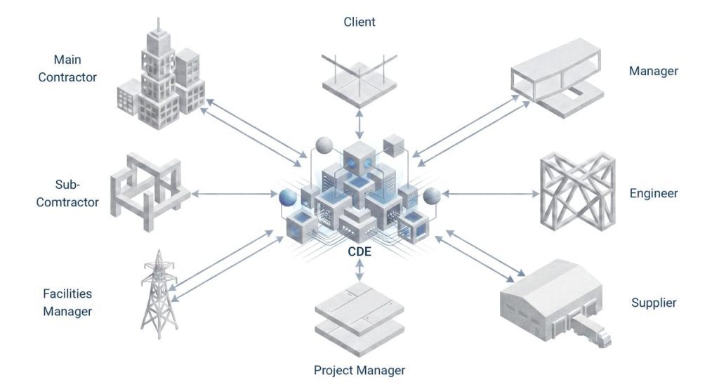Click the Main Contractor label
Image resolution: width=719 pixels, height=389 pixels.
click(x=67, y=69)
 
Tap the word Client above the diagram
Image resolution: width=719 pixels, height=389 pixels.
click(x=359, y=22)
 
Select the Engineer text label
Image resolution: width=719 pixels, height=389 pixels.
click(x=653, y=193)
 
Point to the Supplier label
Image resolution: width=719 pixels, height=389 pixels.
click(x=653, y=303)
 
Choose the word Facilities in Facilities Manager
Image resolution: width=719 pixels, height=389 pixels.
click(x=67, y=294)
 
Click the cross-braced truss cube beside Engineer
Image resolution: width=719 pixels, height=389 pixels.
click(x=577, y=191)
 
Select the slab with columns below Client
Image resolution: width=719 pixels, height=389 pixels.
click(x=359, y=81)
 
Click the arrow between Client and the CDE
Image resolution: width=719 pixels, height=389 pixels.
click(x=359, y=123)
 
